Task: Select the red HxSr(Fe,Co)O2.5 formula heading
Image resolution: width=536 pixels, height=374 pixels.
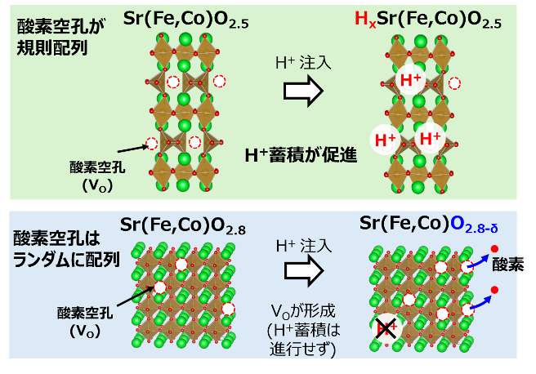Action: point(428,19)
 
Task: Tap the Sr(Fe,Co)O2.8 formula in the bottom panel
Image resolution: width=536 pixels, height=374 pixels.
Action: point(179,224)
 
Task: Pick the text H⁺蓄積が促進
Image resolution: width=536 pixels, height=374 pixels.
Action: point(301,154)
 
